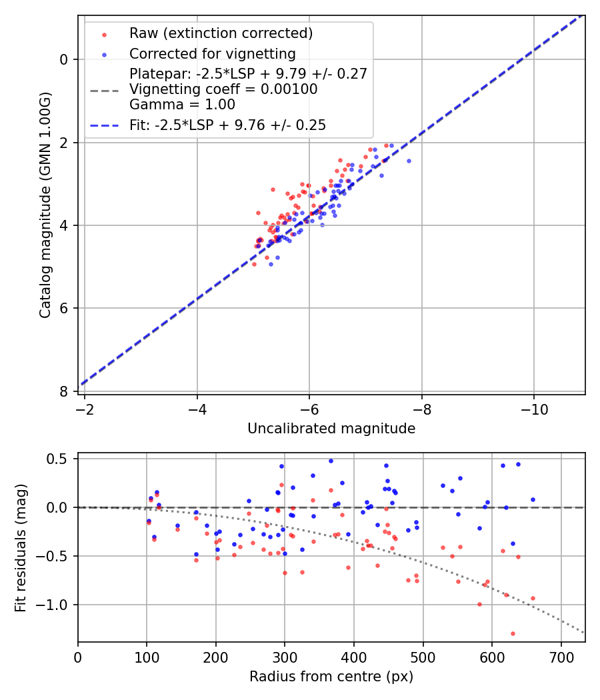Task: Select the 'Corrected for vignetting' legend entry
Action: (212, 53)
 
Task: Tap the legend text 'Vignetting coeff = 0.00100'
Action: (223, 89)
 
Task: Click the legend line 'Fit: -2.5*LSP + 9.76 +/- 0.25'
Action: (227, 125)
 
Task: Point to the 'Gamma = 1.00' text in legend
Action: (182, 104)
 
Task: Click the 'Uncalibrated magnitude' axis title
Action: (331, 429)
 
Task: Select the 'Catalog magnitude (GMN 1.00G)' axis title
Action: (45, 205)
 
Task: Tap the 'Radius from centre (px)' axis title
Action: (331, 677)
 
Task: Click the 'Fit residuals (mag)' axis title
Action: (21, 547)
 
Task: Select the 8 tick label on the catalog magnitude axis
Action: (64, 391)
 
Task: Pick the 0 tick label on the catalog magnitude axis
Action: (64, 59)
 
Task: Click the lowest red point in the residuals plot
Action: (513, 633)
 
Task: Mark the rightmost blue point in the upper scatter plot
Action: (409, 161)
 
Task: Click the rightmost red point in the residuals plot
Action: (533, 598)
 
